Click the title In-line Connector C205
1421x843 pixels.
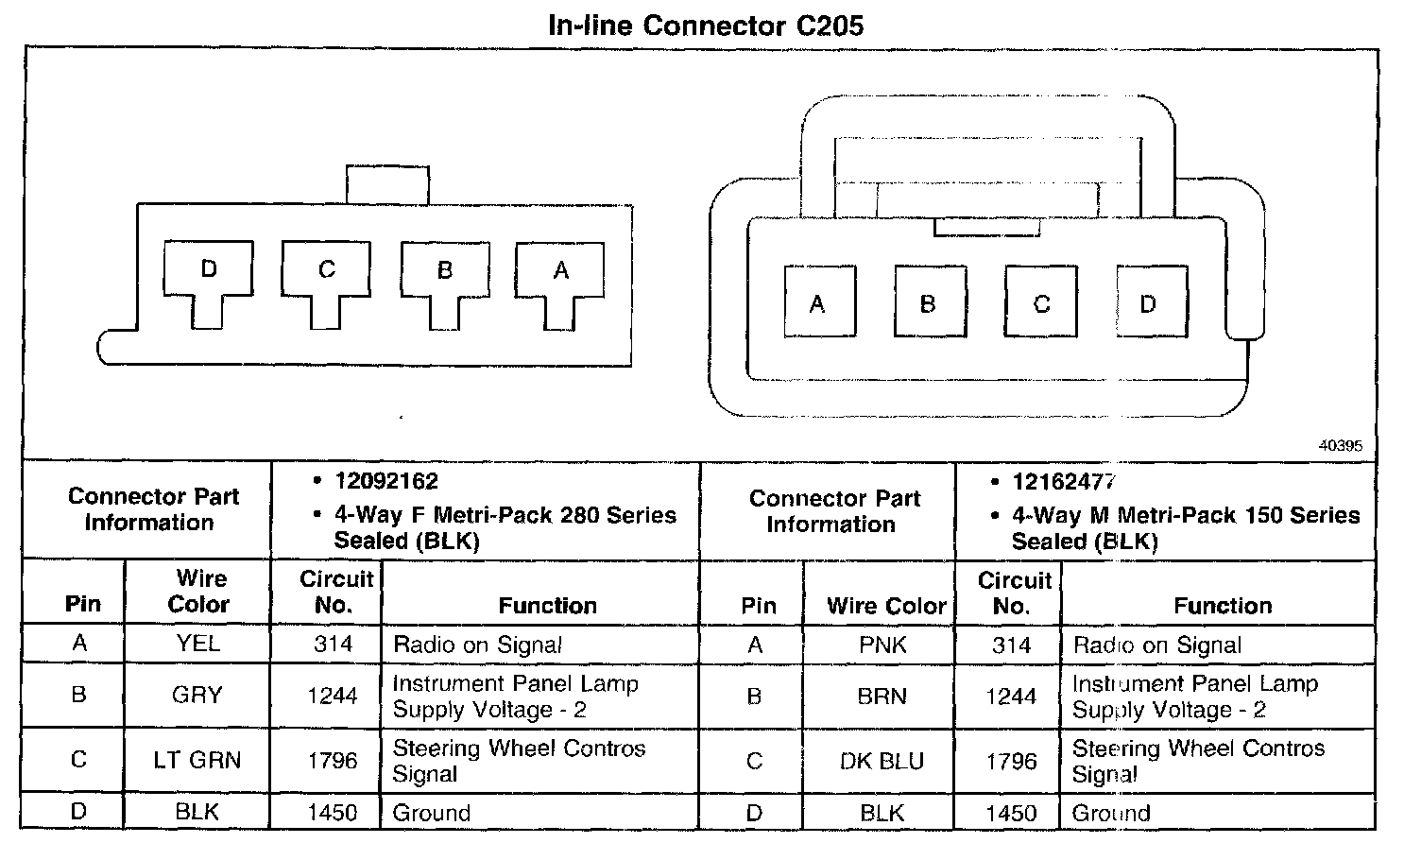click(706, 25)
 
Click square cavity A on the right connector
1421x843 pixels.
click(819, 302)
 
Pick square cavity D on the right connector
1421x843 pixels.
click(1150, 302)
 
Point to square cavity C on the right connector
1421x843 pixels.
click(1040, 302)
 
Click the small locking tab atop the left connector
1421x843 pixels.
click(387, 184)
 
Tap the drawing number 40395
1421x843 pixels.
click(1341, 447)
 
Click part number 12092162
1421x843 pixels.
click(386, 482)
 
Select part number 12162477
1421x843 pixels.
click(1064, 483)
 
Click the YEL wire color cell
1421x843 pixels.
click(197, 644)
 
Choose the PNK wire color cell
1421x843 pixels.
click(882, 645)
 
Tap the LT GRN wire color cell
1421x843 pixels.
click(197, 760)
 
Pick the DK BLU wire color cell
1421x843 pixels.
click(882, 761)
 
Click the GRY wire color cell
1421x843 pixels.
click(197, 696)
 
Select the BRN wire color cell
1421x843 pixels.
click(882, 697)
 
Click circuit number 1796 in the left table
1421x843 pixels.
click(333, 760)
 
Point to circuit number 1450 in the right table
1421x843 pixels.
click(1011, 814)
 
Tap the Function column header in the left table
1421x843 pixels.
click(547, 606)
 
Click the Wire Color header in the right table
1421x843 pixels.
click(886, 606)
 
